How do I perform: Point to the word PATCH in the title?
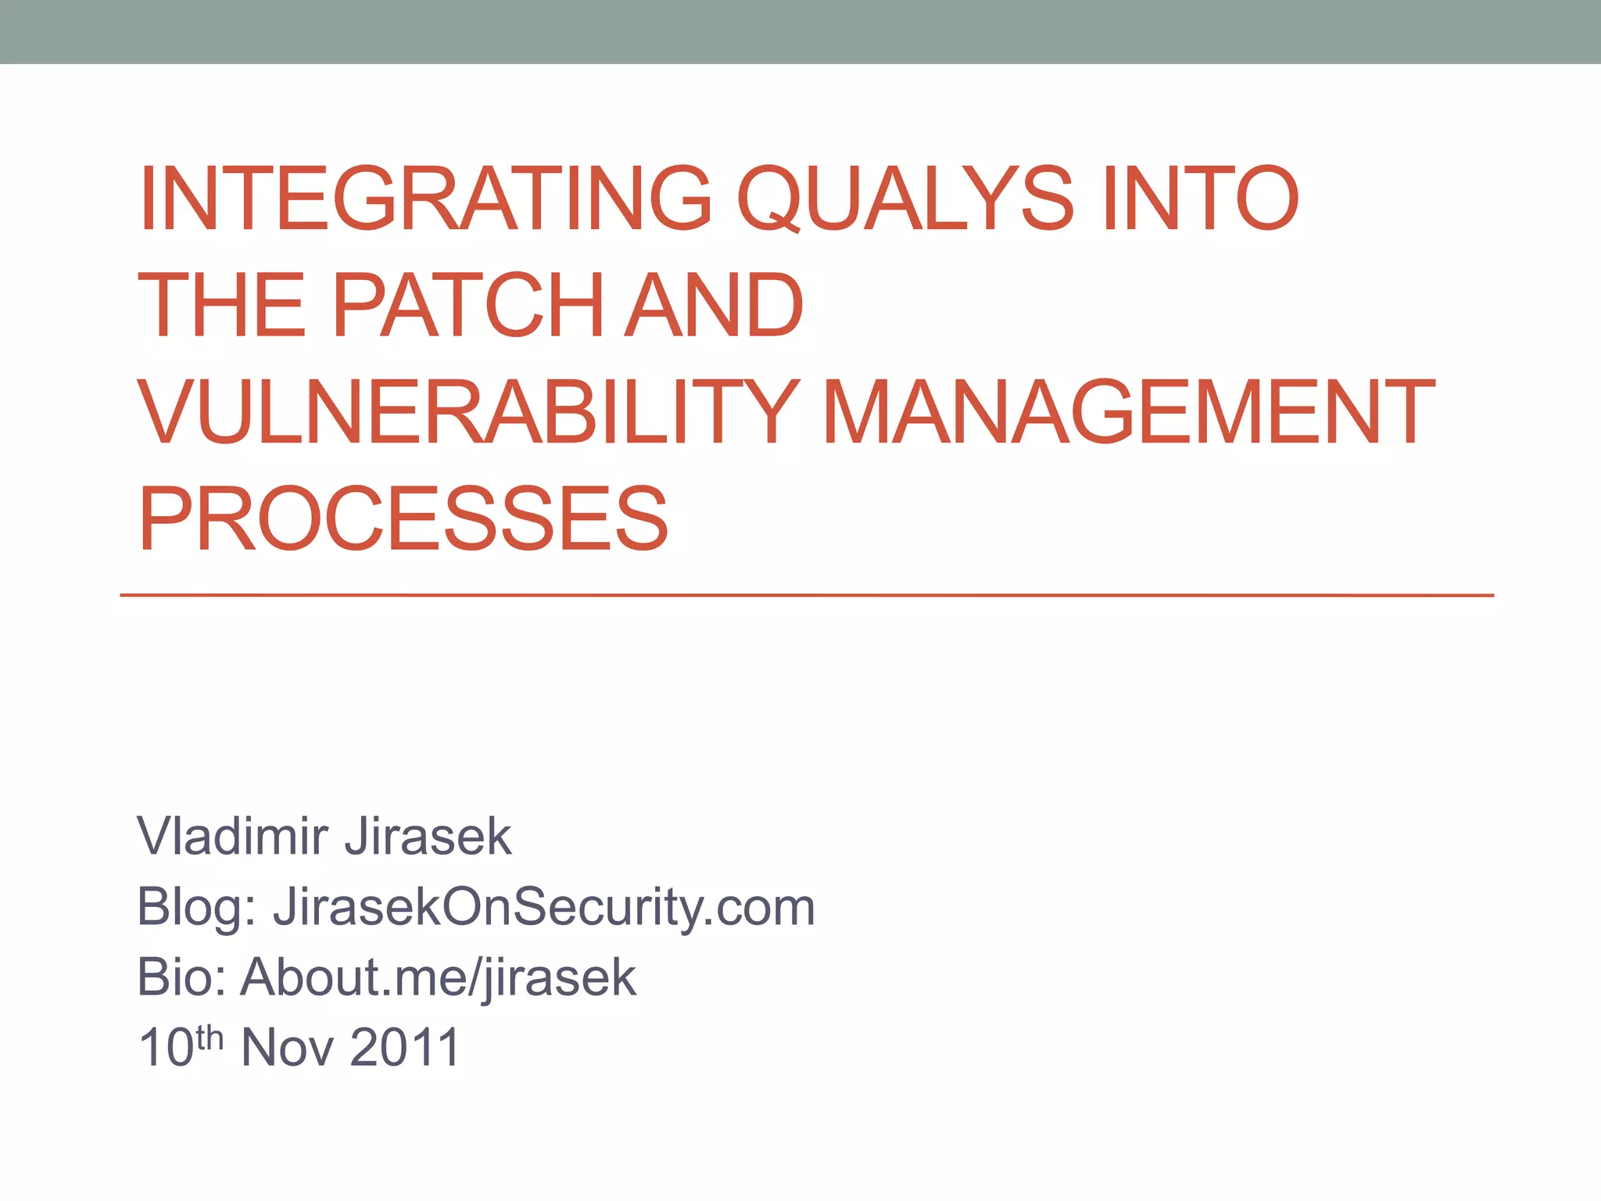[468, 306]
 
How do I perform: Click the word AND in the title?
[715, 306]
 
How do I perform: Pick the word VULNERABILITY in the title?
[469, 412]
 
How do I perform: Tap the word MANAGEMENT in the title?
[1129, 412]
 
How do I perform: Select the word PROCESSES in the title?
[403, 519]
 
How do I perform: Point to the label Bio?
[181, 977]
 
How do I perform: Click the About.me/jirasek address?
[439, 977]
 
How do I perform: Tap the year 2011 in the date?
[405, 1048]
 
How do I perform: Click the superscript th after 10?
[210, 1037]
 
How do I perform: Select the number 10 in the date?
[166, 1048]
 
